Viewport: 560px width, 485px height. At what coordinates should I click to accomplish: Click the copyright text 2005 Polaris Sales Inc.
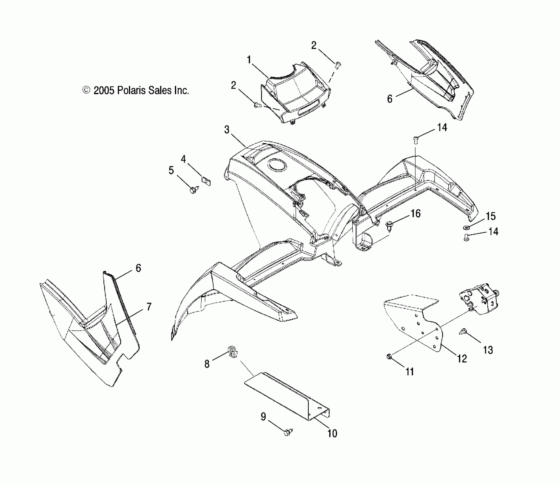(136, 91)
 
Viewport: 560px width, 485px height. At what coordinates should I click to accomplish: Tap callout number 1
(249, 60)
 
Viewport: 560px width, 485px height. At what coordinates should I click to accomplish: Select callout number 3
(227, 130)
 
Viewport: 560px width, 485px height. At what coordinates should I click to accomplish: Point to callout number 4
(183, 159)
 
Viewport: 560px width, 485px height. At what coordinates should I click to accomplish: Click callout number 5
(171, 171)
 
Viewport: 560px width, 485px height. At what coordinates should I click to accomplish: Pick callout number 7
(149, 307)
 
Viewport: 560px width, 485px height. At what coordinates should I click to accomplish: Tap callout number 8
(207, 364)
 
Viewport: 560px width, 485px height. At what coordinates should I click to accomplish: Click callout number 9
(263, 417)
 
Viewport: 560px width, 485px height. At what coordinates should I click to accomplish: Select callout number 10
(332, 433)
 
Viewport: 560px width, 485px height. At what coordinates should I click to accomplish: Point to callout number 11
(410, 371)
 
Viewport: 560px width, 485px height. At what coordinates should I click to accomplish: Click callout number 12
(462, 359)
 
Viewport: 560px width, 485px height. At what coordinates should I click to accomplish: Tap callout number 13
(488, 350)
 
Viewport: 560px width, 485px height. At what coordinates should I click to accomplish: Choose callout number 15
(490, 216)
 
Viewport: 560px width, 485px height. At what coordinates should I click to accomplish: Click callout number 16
(416, 213)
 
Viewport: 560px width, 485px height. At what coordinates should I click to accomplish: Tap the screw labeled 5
(194, 189)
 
